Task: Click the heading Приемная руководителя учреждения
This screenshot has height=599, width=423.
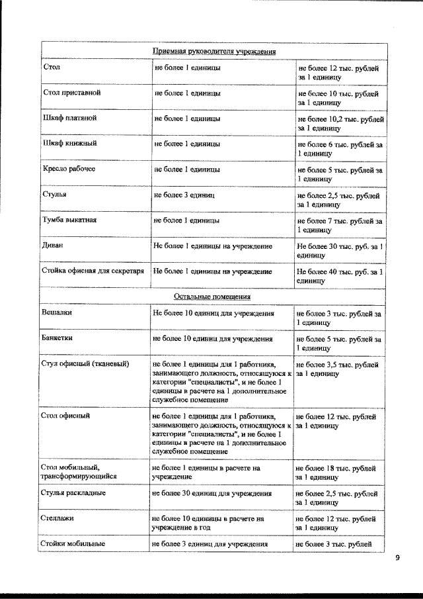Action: click(x=213, y=51)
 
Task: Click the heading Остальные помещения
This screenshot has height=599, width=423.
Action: click(x=213, y=296)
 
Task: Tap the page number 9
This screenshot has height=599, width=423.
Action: click(x=397, y=558)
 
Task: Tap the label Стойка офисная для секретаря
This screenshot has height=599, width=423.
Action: click(x=93, y=271)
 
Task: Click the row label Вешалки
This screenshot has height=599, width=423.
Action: click(x=58, y=311)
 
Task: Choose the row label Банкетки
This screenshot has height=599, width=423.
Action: click(x=58, y=338)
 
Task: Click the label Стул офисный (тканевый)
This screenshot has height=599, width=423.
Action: click(x=85, y=364)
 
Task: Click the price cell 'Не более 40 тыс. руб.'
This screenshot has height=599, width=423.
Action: click(x=340, y=275)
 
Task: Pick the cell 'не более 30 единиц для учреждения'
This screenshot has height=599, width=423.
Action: click(x=211, y=493)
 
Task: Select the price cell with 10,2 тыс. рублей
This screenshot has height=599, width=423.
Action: click(x=340, y=123)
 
